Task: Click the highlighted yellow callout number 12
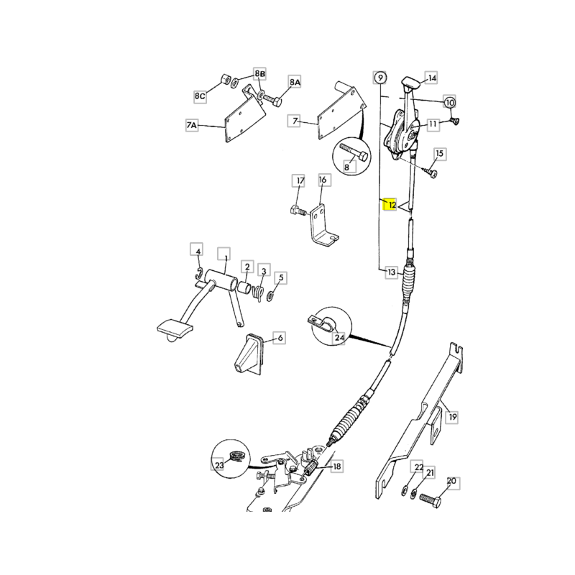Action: [x=390, y=205]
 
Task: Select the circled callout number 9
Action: [x=380, y=78]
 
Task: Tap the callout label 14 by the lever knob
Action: [x=432, y=78]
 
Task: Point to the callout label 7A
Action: [x=192, y=125]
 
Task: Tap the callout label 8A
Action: [x=295, y=82]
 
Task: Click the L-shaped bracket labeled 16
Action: [x=323, y=227]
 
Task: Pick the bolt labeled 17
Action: [x=298, y=211]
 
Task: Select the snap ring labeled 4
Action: [x=198, y=273]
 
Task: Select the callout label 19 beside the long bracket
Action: [x=453, y=417]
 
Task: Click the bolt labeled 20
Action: [x=431, y=500]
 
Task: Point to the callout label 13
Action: [x=392, y=272]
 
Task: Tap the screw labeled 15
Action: [x=429, y=172]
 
